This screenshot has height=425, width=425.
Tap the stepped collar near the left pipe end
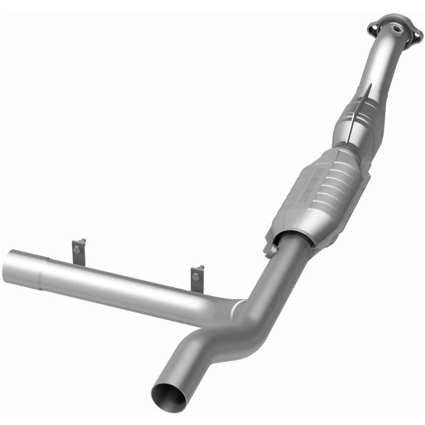pos(47,269)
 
